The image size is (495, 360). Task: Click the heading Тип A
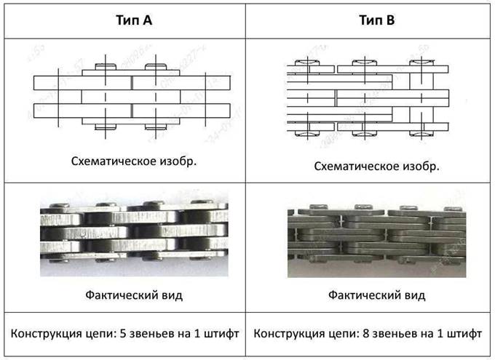(134, 20)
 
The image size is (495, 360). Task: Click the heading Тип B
(377, 20)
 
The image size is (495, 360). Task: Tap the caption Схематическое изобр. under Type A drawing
(134, 161)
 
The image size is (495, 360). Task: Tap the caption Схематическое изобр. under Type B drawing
(376, 166)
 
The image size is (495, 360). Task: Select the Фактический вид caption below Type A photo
(134, 295)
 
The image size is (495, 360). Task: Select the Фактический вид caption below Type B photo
(376, 295)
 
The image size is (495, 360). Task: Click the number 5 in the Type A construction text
(124, 333)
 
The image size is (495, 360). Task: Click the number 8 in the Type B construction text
(366, 333)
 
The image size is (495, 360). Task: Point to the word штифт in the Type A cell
(221, 334)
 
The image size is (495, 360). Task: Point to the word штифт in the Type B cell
(464, 334)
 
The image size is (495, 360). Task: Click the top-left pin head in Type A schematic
(106, 67)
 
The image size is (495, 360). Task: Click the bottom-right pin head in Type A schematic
(156, 127)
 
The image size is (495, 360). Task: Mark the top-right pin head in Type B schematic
(421, 62)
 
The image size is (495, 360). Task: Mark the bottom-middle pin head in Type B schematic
(365, 134)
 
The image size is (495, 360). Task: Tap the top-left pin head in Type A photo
(60, 205)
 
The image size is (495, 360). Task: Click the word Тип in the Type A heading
(126, 20)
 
